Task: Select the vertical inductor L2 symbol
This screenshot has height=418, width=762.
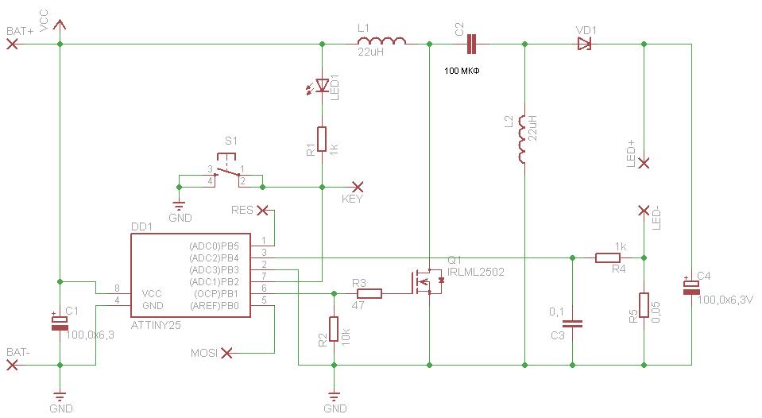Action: point(522,139)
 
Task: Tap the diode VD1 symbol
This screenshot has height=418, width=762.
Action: point(584,45)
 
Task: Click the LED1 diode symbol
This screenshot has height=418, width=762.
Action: point(320,87)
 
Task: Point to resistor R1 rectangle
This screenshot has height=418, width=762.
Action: point(322,139)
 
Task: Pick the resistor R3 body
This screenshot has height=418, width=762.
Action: point(369,293)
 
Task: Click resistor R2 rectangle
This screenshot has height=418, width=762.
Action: point(334,329)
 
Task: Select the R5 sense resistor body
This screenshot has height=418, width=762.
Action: point(644,305)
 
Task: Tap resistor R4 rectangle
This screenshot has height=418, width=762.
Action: point(608,257)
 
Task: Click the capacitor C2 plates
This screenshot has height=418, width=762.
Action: point(471,45)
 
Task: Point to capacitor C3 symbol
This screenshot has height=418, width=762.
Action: point(572,323)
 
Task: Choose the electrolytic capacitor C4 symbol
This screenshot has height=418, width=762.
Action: point(691,287)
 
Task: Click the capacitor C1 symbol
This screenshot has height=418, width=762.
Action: point(60,323)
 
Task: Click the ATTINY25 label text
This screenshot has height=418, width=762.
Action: point(156,325)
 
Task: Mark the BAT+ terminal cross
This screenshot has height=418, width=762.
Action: point(12,45)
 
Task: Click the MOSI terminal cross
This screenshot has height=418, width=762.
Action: point(226,354)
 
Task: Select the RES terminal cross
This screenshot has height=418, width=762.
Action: point(262,210)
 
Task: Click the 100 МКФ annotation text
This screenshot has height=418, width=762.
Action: point(462,71)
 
